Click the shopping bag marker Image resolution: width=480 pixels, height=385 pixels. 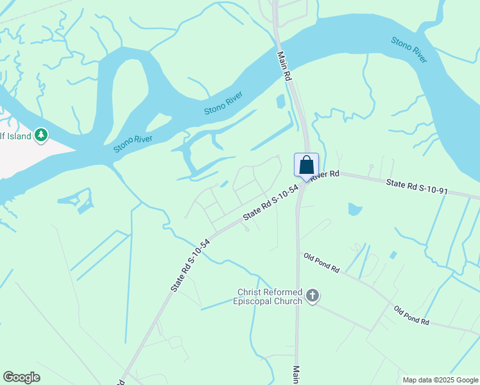pyautogui.click(x=307, y=165)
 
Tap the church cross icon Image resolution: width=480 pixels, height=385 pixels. pyautogui.click(x=313, y=296)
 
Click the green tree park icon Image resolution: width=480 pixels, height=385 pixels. pyautogui.click(x=41, y=135)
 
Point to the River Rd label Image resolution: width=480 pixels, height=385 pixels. pyautogui.click(x=325, y=175)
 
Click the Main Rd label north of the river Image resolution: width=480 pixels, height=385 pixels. pyautogui.click(x=284, y=66)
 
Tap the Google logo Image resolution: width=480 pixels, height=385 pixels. pyautogui.click(x=21, y=377)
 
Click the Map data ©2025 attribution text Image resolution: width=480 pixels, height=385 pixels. pyautogui.click(x=440, y=380)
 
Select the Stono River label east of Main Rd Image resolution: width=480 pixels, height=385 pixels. pyautogui.click(x=409, y=50)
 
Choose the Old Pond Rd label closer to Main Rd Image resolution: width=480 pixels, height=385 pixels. pyautogui.click(x=321, y=262)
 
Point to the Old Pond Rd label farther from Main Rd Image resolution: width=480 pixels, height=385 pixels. pyautogui.click(x=411, y=315)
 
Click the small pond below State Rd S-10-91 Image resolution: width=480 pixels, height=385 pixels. pyautogui.click(x=354, y=209)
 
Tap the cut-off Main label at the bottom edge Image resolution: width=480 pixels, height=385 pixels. pyautogui.click(x=296, y=375)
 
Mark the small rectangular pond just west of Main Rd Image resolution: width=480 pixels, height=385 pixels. pyautogui.click(x=280, y=101)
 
